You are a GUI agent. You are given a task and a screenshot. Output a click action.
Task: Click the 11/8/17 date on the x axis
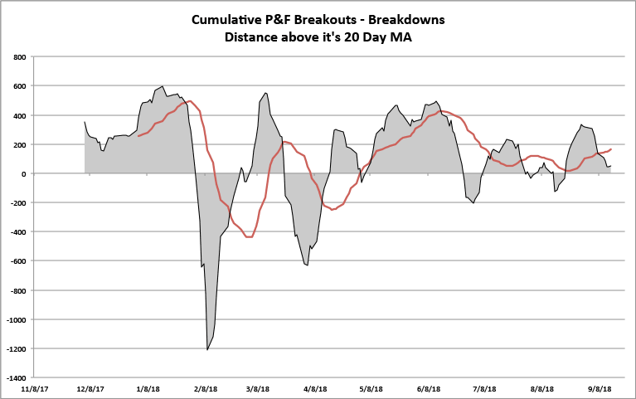click(x=34, y=388)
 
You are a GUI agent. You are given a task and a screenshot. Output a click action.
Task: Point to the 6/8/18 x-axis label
click(x=429, y=388)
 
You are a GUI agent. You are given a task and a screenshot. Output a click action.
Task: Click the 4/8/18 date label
click(x=316, y=388)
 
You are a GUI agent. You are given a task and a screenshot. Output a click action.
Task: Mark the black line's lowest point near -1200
click(x=207, y=350)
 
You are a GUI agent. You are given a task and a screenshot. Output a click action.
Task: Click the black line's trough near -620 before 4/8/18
click(x=308, y=265)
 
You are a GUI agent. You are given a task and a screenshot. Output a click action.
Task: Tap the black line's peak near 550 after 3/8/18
click(x=265, y=93)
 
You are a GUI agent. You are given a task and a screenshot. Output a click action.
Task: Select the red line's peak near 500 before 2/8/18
click(x=190, y=101)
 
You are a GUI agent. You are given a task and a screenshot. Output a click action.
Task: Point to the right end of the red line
click(x=611, y=149)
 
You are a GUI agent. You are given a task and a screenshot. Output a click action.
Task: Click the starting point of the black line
click(x=85, y=122)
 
